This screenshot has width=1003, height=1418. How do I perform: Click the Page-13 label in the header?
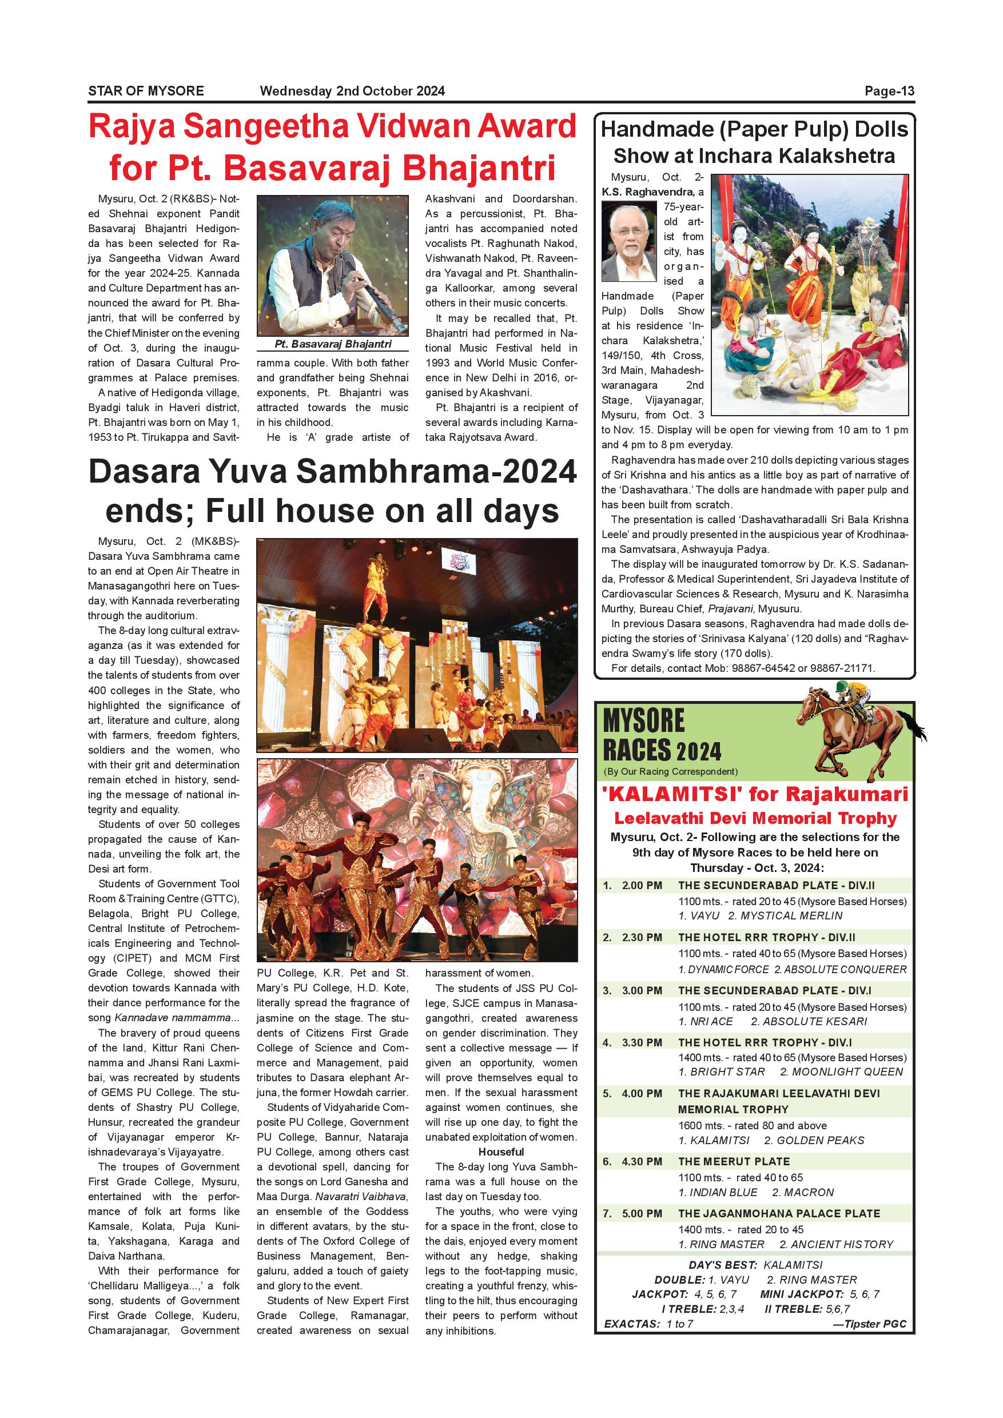[x=889, y=91]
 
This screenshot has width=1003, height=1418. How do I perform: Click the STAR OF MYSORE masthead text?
[x=146, y=91]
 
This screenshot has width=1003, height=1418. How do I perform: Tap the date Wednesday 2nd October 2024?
[x=352, y=91]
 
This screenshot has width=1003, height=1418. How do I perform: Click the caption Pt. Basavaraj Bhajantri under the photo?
[x=333, y=344]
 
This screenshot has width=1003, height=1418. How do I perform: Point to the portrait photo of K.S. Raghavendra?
[x=628, y=242]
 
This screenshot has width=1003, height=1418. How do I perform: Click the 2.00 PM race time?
[x=642, y=886]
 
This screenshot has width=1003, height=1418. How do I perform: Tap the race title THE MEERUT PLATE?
[x=734, y=1162]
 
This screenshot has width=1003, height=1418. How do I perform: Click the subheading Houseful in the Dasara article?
[x=501, y=1152]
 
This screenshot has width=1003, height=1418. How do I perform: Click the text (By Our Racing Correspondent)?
[x=670, y=771]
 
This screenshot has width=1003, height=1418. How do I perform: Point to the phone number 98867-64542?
[x=763, y=668]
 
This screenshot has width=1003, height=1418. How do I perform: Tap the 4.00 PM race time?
[x=642, y=1094]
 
